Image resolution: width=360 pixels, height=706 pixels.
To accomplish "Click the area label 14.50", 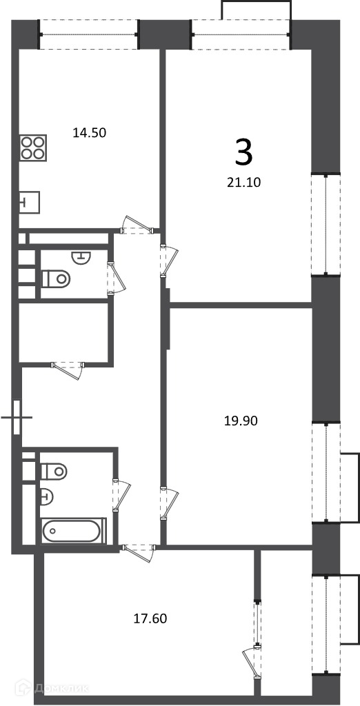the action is (x=89, y=133).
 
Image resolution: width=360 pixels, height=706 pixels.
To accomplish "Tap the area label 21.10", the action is (x=245, y=182).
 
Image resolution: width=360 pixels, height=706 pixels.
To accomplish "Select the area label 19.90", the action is (x=241, y=421).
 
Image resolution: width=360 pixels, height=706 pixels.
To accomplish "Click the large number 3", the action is (x=243, y=152).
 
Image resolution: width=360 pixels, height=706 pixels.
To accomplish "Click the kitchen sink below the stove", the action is (x=30, y=202).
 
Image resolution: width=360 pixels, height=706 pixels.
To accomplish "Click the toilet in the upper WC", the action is (x=56, y=279).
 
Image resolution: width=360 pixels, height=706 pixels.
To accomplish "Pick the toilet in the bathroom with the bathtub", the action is (x=54, y=472).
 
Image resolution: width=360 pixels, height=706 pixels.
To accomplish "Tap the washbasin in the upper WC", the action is (x=81, y=257).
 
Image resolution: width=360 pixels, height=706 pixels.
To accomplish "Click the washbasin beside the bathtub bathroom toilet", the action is (x=46, y=496).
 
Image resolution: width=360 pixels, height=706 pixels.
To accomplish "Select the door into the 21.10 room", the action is (x=169, y=261).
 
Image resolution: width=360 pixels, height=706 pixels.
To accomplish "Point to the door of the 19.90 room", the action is (x=169, y=503).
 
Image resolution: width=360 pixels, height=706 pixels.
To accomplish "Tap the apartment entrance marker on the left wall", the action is (x=17, y=417).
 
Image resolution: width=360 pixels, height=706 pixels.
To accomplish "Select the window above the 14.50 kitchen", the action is (x=89, y=34).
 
